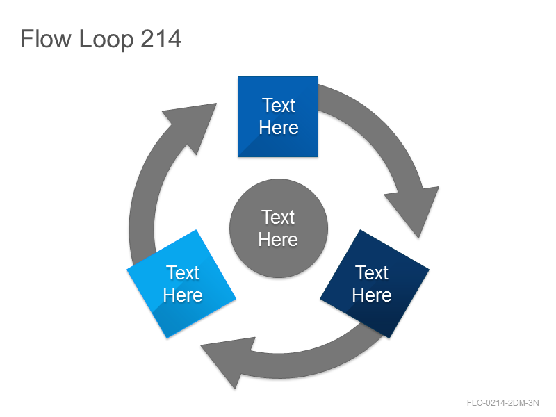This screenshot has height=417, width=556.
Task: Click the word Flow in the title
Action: click(x=45, y=38)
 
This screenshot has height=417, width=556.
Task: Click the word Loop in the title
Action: click(x=106, y=40)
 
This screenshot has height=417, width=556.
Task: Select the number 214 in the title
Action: click(x=161, y=38)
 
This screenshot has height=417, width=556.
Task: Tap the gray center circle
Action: click(x=279, y=228)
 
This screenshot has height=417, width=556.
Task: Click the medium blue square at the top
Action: click(x=277, y=117)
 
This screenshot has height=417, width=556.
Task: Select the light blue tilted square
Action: click(x=181, y=284)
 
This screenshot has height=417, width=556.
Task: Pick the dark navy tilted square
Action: click(x=375, y=284)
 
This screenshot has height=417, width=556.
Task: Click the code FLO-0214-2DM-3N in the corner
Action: click(x=502, y=403)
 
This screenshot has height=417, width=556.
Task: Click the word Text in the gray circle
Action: click(x=278, y=217)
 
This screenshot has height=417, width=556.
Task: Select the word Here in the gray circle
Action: click(x=278, y=239)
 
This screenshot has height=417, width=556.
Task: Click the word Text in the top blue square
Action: click(x=279, y=106)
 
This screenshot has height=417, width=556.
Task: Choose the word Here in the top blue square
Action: click(x=279, y=128)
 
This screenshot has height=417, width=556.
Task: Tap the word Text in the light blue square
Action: click(x=183, y=272)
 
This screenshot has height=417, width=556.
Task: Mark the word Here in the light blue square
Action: click(x=183, y=295)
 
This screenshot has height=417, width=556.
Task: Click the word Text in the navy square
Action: click(x=372, y=272)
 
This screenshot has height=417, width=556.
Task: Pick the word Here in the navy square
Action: click(x=372, y=295)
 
